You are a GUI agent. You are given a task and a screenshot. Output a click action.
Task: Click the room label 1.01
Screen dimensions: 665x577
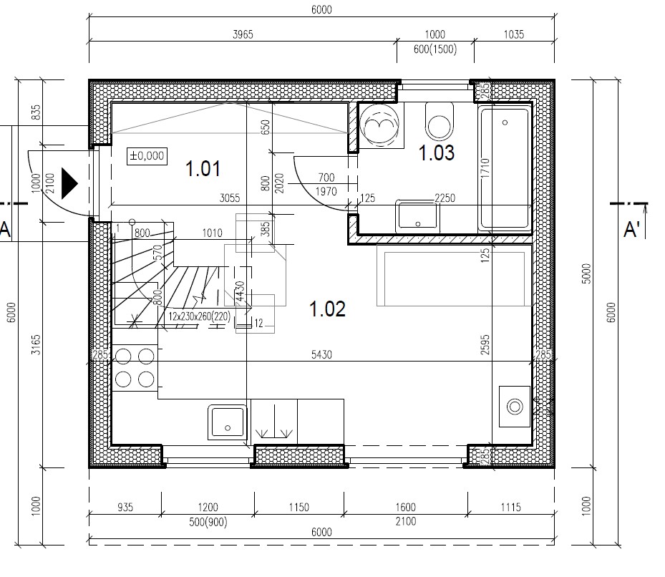pyautogui.click(x=203, y=168)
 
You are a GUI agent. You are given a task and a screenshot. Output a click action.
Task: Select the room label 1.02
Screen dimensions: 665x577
pyautogui.click(x=327, y=309)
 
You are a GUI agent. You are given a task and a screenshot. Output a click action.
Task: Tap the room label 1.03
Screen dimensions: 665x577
pyautogui.click(x=437, y=152)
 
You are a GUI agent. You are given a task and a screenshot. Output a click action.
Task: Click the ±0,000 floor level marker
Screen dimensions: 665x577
pyautogui.click(x=147, y=156)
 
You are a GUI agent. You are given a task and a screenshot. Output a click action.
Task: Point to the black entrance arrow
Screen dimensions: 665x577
pyautogui.click(x=69, y=183)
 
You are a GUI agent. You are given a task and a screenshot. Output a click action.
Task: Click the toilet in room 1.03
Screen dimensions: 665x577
pyautogui.click(x=440, y=121)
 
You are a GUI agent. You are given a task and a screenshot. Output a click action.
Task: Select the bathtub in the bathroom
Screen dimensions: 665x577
pyautogui.click(x=505, y=169)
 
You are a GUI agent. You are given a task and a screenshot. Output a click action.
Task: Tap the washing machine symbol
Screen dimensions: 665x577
pyautogui.click(x=379, y=125)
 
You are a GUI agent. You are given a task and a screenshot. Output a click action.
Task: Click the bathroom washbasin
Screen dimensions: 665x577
pyautogui.click(x=417, y=215)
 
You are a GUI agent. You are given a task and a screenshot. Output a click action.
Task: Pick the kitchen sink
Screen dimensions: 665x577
pyautogui.click(x=228, y=422)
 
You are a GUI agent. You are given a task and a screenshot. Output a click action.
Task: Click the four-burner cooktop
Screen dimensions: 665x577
pyautogui.click(x=135, y=367)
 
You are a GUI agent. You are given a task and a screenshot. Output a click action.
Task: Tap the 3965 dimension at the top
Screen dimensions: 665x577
pyautogui.click(x=243, y=34)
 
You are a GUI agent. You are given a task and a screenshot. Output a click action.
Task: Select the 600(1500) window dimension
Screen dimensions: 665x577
pyautogui.click(x=435, y=49)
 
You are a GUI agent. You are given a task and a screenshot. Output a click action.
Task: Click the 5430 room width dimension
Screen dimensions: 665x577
pyautogui.click(x=321, y=354)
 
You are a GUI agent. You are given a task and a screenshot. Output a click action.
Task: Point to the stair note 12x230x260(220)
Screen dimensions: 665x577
pyautogui.click(x=199, y=316)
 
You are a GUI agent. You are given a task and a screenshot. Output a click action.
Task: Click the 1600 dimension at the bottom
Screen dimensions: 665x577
pyautogui.click(x=405, y=507)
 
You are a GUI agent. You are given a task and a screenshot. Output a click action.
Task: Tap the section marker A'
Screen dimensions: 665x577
pyautogui.click(x=631, y=230)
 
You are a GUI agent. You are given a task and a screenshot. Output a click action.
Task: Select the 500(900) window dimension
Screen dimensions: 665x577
pyautogui.click(x=208, y=521)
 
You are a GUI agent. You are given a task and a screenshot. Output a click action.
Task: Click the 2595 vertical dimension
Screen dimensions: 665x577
pyautogui.click(x=485, y=344)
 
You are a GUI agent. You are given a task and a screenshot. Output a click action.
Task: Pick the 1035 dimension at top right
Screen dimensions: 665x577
pyautogui.click(x=513, y=34)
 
